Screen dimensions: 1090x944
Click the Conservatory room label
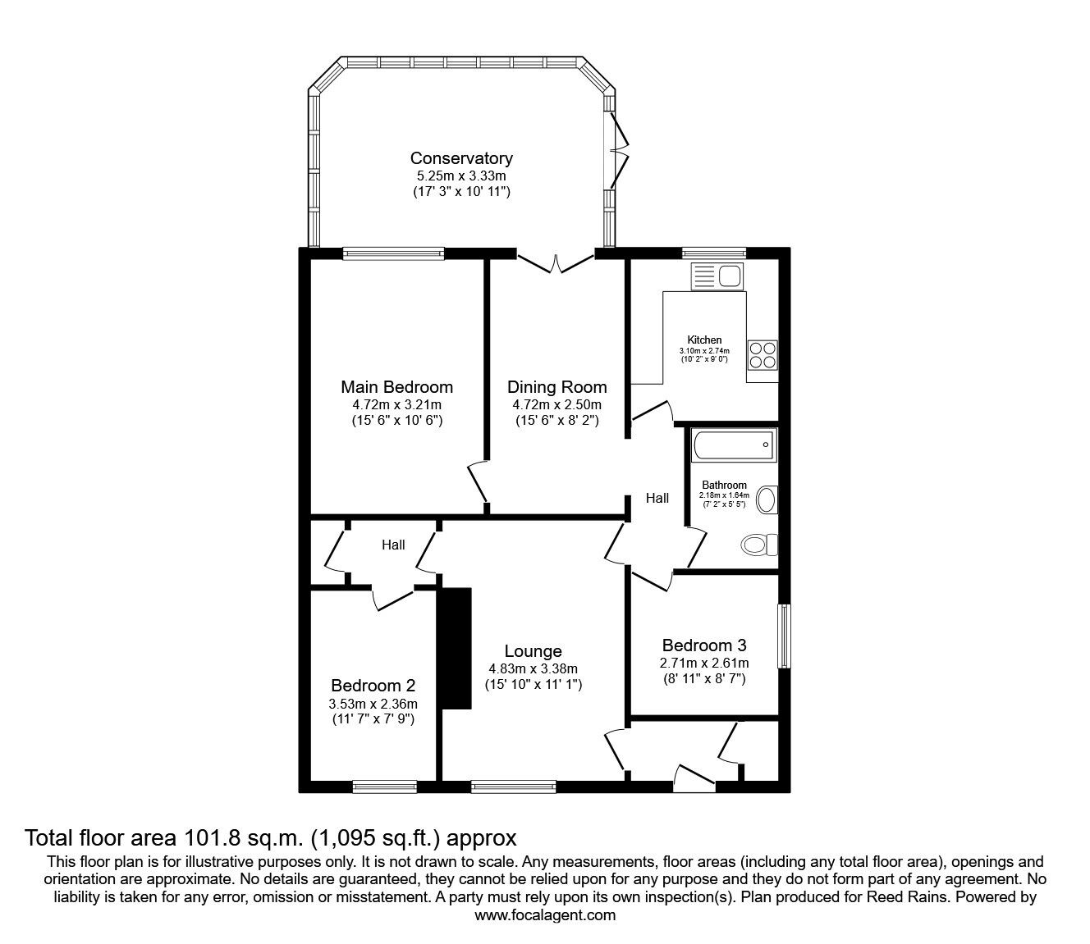pyautogui.click(x=461, y=158)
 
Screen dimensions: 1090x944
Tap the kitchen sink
pyautogui.click(x=717, y=276)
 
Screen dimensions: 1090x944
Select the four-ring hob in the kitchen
pyautogui.click(x=762, y=355)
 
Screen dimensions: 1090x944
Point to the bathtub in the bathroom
pyautogui.click(x=735, y=445)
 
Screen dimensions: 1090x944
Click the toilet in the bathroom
pyautogui.click(x=759, y=545)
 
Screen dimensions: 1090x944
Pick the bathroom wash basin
pyautogui.click(x=767, y=499)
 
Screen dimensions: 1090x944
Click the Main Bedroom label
pyautogui.click(x=397, y=387)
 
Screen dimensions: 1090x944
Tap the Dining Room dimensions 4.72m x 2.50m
pyautogui.click(x=556, y=405)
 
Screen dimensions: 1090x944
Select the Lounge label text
pyautogui.click(x=534, y=651)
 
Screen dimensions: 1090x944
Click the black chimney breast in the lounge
pyautogui.click(x=456, y=649)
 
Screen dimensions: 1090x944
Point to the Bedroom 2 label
pyautogui.click(x=373, y=685)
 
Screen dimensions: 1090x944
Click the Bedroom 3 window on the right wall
pyautogui.click(x=785, y=636)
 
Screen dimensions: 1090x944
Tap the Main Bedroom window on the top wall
pyautogui.click(x=393, y=254)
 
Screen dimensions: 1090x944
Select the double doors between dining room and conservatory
pyautogui.click(x=556, y=262)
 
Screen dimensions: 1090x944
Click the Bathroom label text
pyautogui.click(x=724, y=485)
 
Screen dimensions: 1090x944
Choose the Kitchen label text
pyautogui.click(x=704, y=340)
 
